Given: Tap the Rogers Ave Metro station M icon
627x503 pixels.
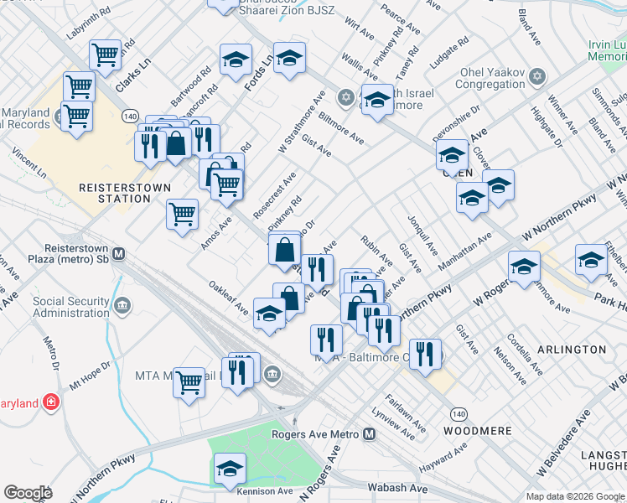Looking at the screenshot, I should pyautogui.click(x=370, y=433).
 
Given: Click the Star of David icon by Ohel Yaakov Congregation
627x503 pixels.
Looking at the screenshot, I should pyautogui.click(x=537, y=77).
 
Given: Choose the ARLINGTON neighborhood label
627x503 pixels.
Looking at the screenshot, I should pyautogui.click(x=573, y=349).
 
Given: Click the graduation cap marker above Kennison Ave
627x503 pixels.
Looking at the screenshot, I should pyautogui.click(x=230, y=469).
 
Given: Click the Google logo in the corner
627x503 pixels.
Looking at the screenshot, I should pyautogui.click(x=28, y=493).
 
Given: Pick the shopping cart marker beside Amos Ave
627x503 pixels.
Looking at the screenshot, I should pyautogui.click(x=182, y=215).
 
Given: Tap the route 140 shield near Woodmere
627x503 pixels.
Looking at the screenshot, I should pyautogui.click(x=458, y=414).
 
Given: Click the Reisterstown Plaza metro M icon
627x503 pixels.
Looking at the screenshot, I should pyautogui.click(x=119, y=253).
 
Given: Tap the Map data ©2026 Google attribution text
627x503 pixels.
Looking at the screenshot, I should pyautogui.click(x=574, y=496).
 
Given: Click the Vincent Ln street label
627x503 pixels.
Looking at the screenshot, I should pyautogui.click(x=28, y=165).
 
